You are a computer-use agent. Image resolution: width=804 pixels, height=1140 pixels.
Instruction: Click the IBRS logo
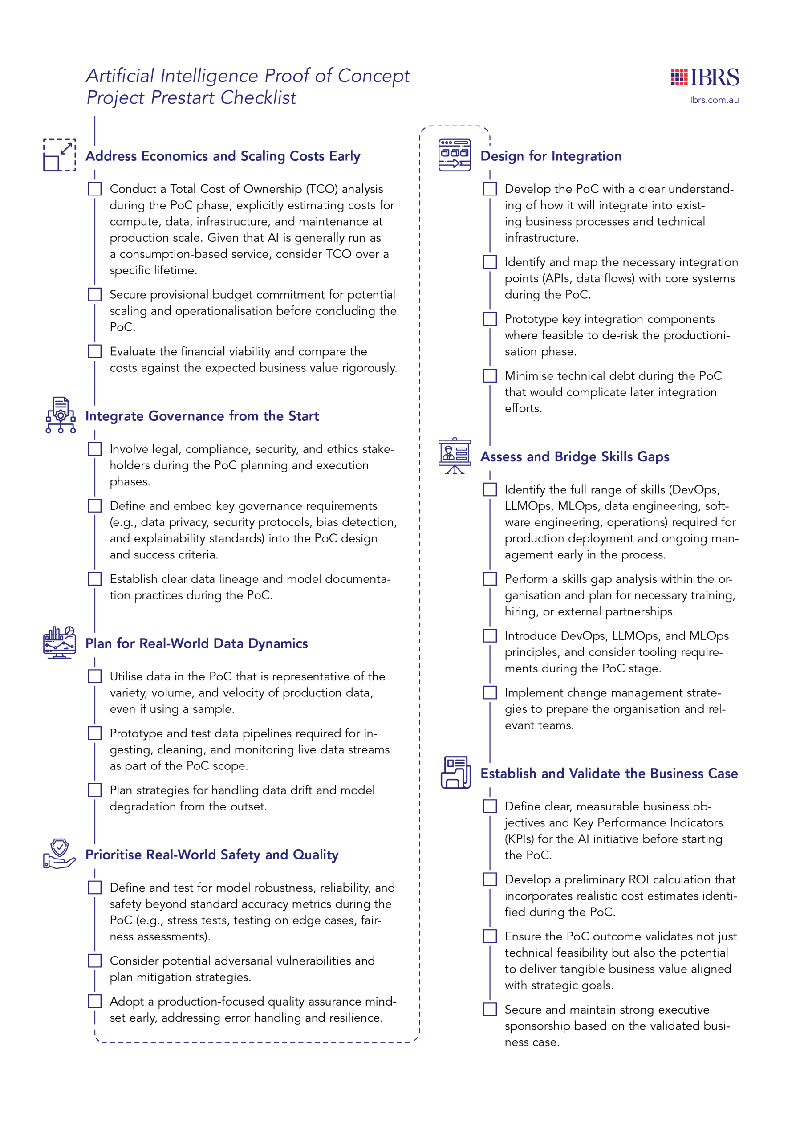[704, 77]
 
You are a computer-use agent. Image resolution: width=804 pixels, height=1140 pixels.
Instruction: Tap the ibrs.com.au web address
[714, 100]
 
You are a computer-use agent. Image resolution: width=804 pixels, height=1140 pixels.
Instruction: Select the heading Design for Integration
[550, 156]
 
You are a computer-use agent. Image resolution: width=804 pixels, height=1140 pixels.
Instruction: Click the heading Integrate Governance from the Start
[202, 415]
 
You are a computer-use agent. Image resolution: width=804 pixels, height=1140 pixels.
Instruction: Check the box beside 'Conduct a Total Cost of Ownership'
[95, 189]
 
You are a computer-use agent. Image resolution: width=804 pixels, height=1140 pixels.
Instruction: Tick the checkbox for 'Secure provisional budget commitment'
[95, 294]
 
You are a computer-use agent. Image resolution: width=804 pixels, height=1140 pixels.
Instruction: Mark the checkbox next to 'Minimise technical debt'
[490, 376]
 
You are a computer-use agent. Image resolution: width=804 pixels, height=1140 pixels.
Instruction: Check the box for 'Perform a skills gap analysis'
[490, 579]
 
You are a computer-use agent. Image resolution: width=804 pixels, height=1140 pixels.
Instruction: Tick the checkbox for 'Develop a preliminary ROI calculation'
[490, 879]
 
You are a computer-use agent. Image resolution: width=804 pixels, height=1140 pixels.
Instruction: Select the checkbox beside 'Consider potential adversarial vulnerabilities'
[95, 961]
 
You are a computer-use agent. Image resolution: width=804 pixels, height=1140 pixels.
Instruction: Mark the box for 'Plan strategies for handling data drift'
[95, 790]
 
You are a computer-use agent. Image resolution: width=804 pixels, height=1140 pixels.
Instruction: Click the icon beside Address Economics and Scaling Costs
[60, 155]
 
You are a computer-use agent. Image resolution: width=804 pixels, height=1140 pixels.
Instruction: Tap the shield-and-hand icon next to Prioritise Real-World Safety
[60, 854]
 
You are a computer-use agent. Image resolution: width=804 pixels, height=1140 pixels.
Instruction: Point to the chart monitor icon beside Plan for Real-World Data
[60, 643]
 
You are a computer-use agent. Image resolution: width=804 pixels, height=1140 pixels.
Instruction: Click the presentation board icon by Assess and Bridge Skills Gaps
[454, 456]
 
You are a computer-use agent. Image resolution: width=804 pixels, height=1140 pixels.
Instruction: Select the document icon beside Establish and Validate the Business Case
[455, 772]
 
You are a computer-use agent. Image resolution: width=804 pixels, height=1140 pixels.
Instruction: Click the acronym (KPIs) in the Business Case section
[519, 839]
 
